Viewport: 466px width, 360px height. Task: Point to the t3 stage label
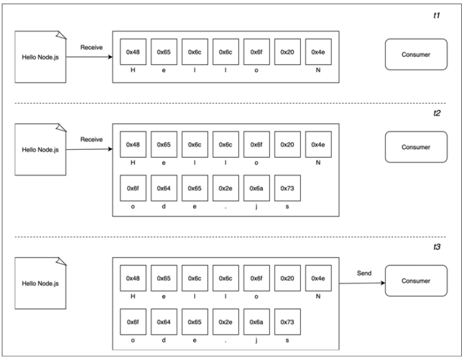(437, 247)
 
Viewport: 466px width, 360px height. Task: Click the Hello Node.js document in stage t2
(40, 148)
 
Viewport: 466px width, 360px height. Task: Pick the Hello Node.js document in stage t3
(40, 282)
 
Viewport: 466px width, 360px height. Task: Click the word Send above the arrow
(364, 273)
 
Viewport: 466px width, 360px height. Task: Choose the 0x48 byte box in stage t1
(132, 52)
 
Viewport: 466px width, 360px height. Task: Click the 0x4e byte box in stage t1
(318, 52)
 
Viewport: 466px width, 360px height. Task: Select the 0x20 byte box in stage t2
(287, 145)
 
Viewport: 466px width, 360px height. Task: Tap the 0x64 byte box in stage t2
(164, 188)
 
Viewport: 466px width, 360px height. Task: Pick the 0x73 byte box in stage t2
(287, 188)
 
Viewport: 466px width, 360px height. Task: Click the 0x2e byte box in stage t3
(225, 322)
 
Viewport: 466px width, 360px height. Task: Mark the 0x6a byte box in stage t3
(257, 322)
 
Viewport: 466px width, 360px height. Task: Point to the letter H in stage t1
(132, 70)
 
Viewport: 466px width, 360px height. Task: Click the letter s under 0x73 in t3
(287, 340)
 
